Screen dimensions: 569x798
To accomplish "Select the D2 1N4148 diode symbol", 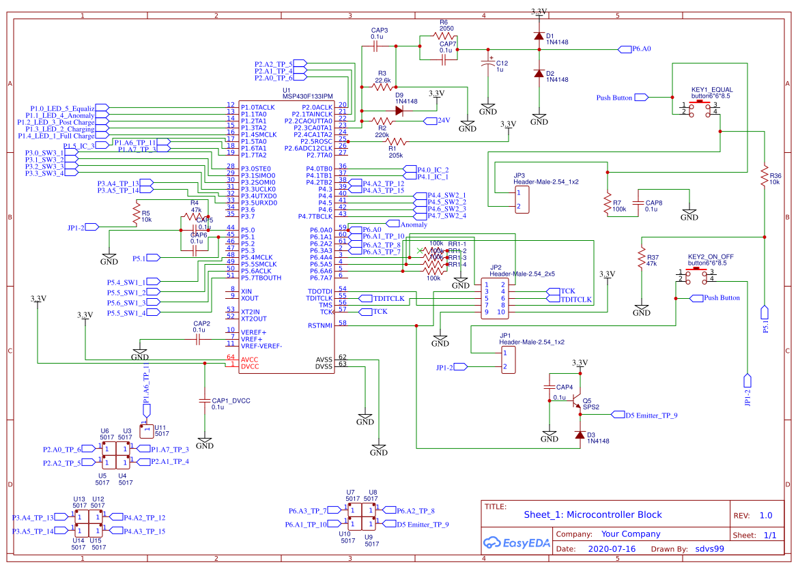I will coord(539,74).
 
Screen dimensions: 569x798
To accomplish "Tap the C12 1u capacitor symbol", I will coord(487,64).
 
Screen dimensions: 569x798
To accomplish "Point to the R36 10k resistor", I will coord(765,176).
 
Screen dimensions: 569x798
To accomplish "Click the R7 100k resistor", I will coord(607,203).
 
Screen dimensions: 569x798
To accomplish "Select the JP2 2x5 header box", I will coord(494,298).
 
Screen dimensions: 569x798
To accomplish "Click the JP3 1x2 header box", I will coord(521,199).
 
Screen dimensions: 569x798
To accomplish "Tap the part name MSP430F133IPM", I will coord(308,96).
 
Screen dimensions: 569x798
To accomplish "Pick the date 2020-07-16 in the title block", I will coord(612,549).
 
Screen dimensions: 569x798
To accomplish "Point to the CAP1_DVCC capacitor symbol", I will coord(204,400).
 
